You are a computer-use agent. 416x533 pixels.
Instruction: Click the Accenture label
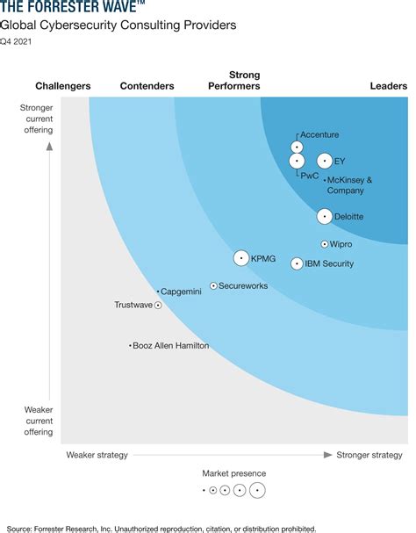319,134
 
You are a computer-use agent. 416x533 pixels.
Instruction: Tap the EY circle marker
325,161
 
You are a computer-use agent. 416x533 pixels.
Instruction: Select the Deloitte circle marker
325,216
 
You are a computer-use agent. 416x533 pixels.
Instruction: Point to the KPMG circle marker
241,258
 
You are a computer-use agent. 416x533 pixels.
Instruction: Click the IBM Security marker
297,263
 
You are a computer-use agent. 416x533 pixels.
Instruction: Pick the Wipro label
341,244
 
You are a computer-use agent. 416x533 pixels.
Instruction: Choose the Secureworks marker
213,286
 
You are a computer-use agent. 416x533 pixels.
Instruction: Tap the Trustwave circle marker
158,306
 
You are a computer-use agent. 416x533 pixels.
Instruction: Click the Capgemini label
181,292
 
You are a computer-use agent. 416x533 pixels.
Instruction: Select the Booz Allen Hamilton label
171,346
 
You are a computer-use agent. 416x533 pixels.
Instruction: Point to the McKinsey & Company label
349,185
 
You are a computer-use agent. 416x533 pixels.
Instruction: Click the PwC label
310,176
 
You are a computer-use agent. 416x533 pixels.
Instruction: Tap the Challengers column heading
62,86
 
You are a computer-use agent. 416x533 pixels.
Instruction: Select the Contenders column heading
147,86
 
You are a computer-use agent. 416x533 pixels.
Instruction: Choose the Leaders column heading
389,86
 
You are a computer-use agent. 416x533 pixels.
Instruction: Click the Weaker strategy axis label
97,455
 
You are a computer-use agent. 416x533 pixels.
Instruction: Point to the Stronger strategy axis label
369,455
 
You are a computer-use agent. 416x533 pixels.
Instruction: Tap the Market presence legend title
233,473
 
